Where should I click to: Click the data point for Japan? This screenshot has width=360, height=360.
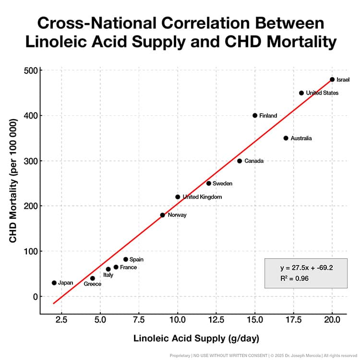tap(54, 283)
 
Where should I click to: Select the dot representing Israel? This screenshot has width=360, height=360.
tap(332, 79)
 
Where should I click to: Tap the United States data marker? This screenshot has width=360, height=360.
tap(301, 93)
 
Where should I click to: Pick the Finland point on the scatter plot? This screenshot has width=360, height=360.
tap(255, 115)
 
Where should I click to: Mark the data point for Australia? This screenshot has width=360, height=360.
tap(286, 138)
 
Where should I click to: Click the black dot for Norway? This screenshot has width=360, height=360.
tap(162, 215)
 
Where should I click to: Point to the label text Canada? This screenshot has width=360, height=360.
tap(253, 161)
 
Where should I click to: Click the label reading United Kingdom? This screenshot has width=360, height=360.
tap(202, 197)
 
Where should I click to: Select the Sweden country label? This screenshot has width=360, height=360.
tap(223, 183)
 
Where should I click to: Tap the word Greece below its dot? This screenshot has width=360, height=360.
tap(93, 284)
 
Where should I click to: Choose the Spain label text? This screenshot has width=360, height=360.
tap(136, 259)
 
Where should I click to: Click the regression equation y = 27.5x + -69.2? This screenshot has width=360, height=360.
tap(306, 267)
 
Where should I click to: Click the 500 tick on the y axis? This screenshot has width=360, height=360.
tap(31, 70)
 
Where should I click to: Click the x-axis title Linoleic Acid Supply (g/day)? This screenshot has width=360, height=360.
tap(196, 338)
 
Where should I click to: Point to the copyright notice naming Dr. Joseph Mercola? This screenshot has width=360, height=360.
tap(288, 355)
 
